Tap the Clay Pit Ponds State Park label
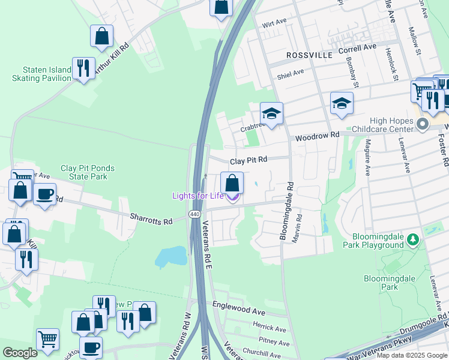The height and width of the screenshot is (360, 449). (88, 172)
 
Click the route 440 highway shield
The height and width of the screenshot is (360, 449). (194, 214)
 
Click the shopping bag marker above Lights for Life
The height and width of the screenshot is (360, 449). (232, 182)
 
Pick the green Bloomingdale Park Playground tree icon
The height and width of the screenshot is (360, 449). (412, 240)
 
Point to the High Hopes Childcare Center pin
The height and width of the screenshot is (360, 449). (422, 124)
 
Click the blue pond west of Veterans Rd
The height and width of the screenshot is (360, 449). (171, 256)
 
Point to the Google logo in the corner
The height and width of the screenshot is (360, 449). (20, 353)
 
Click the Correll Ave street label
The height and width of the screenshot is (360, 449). (357, 47)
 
